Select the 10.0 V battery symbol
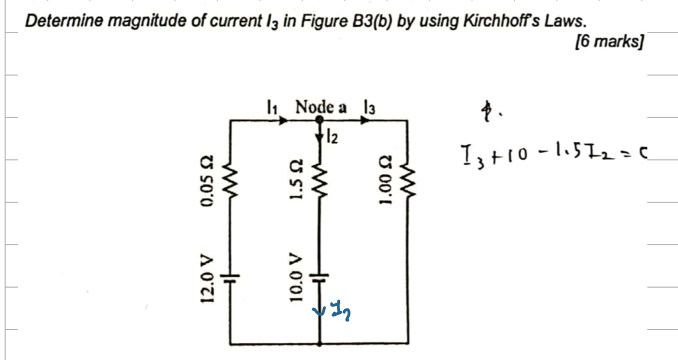coord(320,276)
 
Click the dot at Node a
coord(320,119)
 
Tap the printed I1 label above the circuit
coord(272,106)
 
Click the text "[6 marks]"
coord(609,42)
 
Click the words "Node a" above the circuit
coord(321,106)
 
